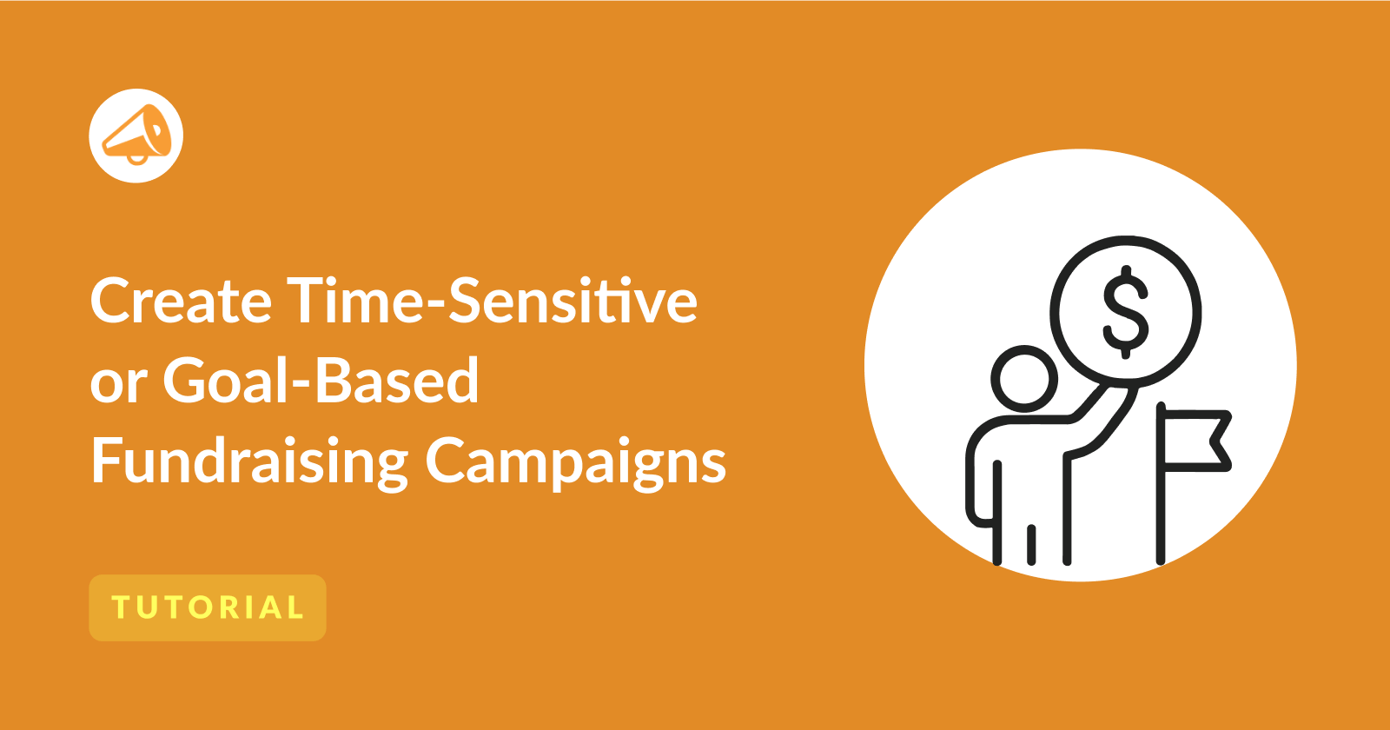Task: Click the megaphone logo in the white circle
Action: coord(136,136)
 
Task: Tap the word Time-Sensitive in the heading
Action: coord(492,300)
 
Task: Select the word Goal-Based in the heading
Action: coord(321,379)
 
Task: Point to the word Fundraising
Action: coord(249,462)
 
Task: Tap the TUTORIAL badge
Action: coord(208,607)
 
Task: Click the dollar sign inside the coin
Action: coord(1126,312)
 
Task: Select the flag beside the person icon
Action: coord(1193,441)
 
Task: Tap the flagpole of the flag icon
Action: coord(1161,483)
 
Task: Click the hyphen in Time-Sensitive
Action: coord(434,306)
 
